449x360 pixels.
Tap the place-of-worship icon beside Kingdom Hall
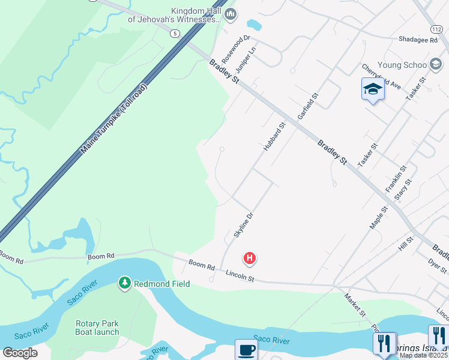[x=231, y=14]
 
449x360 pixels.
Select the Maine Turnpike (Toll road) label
[x=114, y=118]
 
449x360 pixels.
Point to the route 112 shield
[x=436, y=29]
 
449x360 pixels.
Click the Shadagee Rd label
[x=417, y=40]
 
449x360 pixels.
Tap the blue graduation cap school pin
[x=373, y=89]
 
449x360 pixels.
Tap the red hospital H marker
[x=249, y=259]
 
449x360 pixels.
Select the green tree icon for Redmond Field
[x=125, y=282]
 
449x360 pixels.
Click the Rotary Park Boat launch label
[x=97, y=328]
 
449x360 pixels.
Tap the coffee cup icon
[x=246, y=349]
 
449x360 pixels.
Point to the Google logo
[x=20, y=353]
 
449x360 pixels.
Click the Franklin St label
[x=396, y=179]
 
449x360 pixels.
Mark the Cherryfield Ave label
[x=381, y=76]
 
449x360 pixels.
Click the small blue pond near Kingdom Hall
[x=255, y=25]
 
